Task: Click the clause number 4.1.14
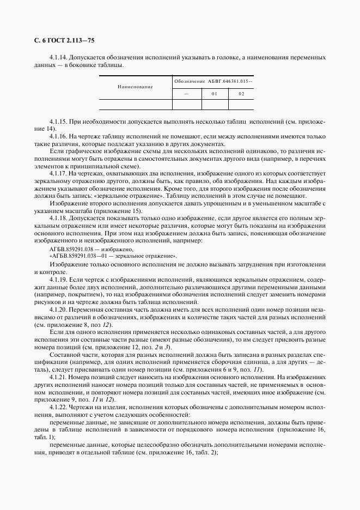[58, 57]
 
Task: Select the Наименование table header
[135, 87]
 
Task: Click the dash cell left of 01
[187, 94]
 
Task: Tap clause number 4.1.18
[58, 217]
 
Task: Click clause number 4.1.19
[58, 279]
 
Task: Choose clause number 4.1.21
[58, 377]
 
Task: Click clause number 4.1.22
[58, 408]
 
